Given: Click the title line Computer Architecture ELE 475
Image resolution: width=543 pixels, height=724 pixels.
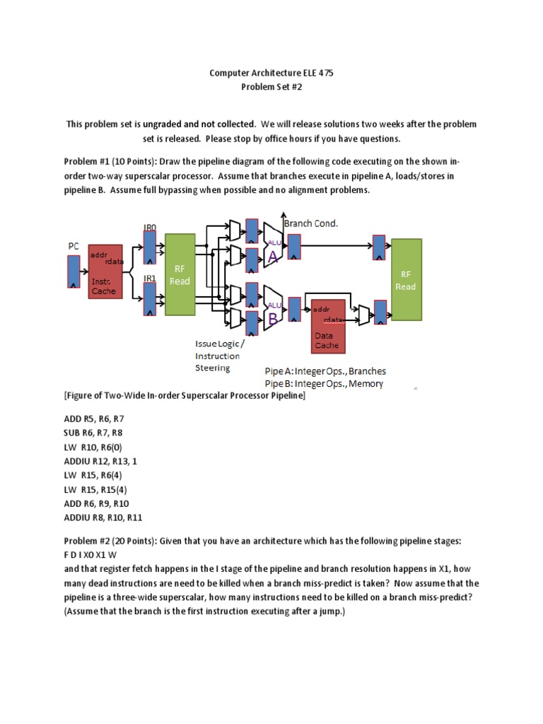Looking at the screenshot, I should coord(271,72).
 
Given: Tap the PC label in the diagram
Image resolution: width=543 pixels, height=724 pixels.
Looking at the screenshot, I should coord(74,245).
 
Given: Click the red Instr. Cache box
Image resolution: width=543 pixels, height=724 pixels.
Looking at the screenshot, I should coord(106,271).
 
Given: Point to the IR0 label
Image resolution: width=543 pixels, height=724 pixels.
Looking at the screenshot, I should coord(150,227).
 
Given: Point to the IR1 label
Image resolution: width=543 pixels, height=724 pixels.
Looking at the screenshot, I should coord(150,279).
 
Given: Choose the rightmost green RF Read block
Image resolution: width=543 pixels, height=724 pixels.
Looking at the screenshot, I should coord(406,280).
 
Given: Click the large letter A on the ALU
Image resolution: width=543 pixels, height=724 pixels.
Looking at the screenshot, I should coord(273,259).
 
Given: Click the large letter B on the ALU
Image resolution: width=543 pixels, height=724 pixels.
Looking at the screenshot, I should coord(273,319).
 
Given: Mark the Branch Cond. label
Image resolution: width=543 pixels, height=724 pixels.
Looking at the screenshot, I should coord(310,223).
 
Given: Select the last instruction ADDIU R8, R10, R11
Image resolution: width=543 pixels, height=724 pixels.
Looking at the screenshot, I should coord(103,518).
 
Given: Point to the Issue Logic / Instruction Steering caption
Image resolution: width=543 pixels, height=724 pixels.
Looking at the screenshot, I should coord(219,355).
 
